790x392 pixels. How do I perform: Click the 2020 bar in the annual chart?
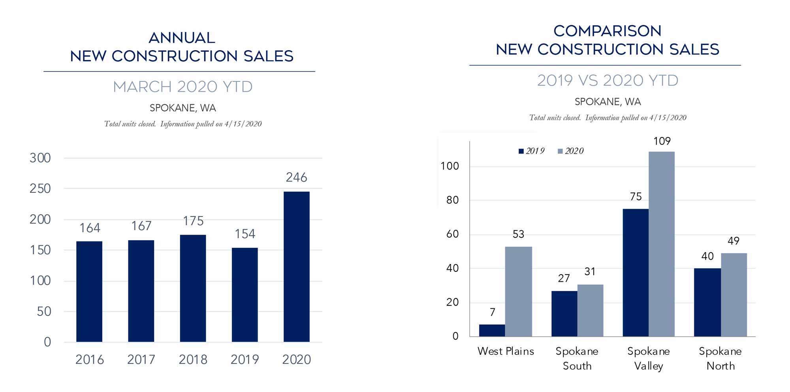pos(296,267)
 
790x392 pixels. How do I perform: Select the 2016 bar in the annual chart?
pos(89,292)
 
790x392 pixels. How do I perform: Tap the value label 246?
pos(296,177)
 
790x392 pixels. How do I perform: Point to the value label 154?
pos(245,234)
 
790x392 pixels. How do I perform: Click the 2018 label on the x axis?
pos(193,360)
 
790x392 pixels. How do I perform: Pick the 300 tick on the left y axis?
pos(40,158)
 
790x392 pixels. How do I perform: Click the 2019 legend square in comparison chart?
pos(521,151)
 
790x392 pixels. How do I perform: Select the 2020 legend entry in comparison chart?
pos(570,151)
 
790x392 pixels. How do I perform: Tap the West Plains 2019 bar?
pos(492,330)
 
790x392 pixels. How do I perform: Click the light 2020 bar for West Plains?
pos(518,292)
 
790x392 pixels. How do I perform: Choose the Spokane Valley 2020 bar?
pos(661,244)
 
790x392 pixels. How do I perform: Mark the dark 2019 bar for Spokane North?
pos(707,302)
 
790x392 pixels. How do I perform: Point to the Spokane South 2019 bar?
pos(564,314)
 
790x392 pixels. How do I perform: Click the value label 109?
pos(662,141)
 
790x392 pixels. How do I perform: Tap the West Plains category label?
pos(506,351)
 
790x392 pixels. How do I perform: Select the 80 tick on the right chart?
pos(452,200)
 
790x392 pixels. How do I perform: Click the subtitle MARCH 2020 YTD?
pos(182,87)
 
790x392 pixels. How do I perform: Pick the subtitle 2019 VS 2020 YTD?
pos(608,81)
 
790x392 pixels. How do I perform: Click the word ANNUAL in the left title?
pos(182,38)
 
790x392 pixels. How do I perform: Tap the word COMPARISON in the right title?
pos(607,31)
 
